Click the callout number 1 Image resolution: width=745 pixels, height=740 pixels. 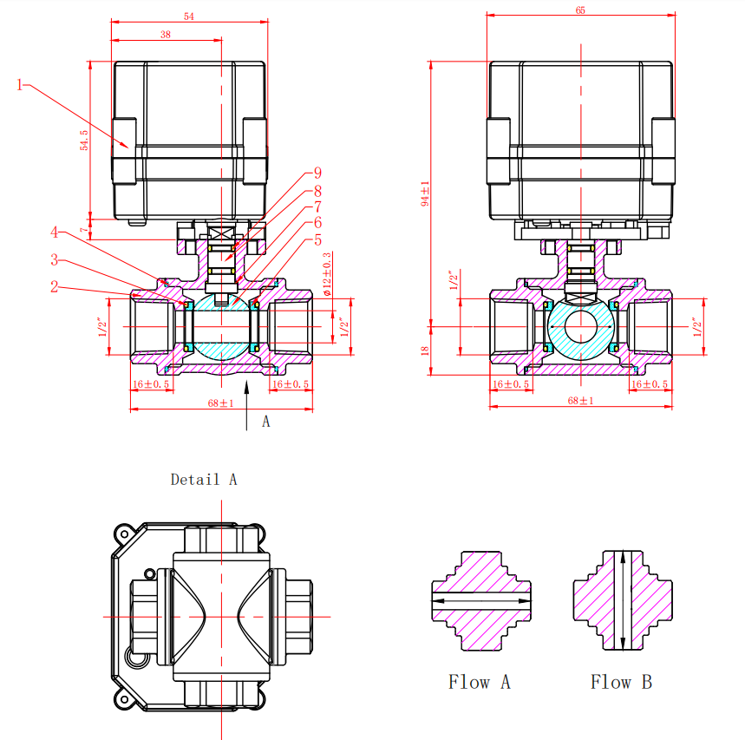tap(20, 84)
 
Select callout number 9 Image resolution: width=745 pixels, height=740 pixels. tap(317, 173)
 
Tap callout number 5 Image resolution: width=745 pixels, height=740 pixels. tap(317, 239)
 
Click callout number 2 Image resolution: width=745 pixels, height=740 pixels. tap(54, 285)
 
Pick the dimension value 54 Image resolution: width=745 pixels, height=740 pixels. tap(189, 16)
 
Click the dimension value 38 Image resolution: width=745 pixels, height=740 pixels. tap(166, 34)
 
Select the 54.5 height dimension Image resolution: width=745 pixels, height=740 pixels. tap(85, 141)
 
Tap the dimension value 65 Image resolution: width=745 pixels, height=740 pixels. tap(580, 10)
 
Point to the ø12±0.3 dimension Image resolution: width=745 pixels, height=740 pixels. tap(327, 274)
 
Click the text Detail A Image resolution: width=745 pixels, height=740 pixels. tap(204, 480)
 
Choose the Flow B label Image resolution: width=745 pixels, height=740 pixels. tap(621, 683)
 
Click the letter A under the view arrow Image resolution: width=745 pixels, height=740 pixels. tap(266, 422)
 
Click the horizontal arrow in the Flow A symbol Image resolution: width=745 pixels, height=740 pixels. tap(480, 599)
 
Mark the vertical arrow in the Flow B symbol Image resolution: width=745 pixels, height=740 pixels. tap(622, 599)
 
